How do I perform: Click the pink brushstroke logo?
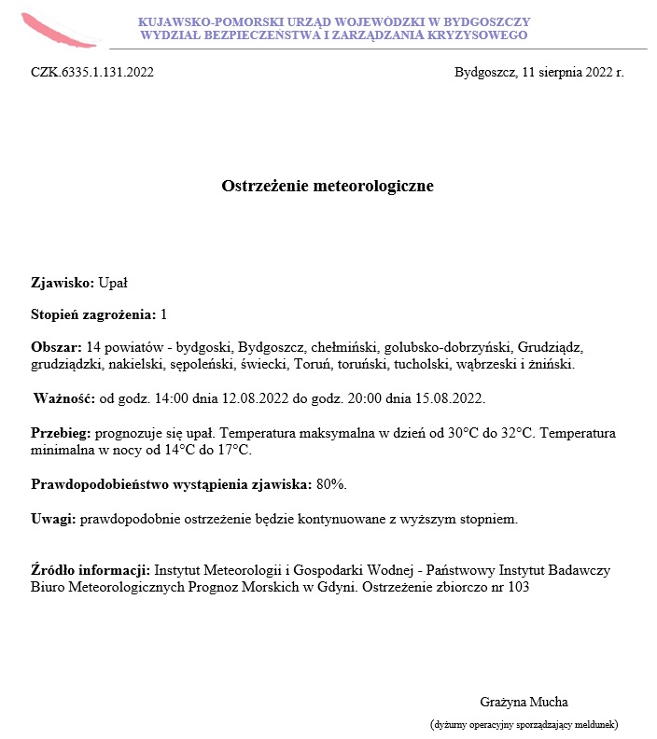(58, 31)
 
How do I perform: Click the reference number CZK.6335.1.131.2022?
(91, 72)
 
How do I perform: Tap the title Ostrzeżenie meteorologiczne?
(328, 186)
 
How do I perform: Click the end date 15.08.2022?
(452, 398)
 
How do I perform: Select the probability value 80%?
(331, 484)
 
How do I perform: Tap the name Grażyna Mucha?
(524, 702)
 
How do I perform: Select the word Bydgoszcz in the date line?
(484, 72)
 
